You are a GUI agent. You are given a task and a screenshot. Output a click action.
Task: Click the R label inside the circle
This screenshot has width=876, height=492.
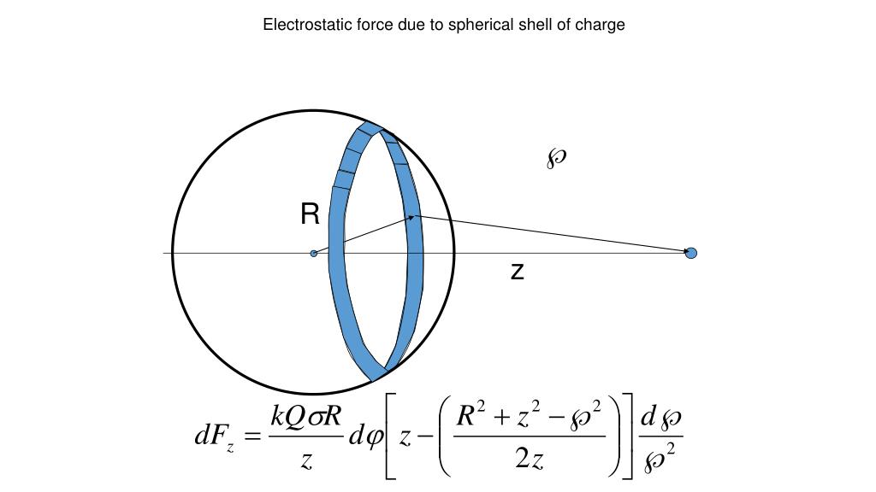[x=310, y=214]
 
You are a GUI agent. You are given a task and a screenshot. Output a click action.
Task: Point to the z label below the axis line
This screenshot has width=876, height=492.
[x=517, y=272]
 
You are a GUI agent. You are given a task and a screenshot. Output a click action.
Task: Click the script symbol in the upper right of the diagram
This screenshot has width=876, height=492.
[x=557, y=157]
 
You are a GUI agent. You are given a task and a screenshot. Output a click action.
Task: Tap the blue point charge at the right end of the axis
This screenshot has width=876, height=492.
[x=691, y=252]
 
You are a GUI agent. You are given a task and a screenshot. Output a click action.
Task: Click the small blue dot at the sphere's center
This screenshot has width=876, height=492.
[x=314, y=253]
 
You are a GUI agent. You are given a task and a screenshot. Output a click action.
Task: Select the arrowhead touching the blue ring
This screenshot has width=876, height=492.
[x=411, y=218]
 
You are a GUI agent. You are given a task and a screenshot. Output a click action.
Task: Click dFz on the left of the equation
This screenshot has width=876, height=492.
[x=213, y=438]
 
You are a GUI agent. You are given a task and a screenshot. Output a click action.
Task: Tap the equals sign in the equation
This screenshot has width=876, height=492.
[x=252, y=437]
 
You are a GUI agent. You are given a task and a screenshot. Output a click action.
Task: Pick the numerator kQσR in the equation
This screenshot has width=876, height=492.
[x=305, y=417]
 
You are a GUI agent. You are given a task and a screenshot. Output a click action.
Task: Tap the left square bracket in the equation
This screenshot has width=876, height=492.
[x=389, y=437]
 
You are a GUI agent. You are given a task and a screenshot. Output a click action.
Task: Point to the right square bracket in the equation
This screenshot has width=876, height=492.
[x=628, y=437]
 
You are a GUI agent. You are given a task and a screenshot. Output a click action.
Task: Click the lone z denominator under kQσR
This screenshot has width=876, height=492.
[x=305, y=461]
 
